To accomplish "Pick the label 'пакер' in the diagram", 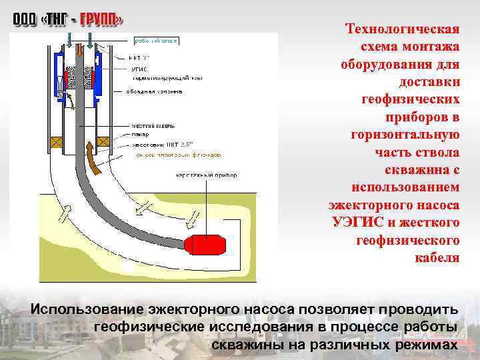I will click(x=140, y=134).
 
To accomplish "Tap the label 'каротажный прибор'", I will click(x=207, y=175).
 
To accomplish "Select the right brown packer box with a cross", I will click(x=105, y=142).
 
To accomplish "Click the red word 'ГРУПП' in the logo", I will click(x=101, y=20).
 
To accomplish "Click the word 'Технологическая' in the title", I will click(x=403, y=30).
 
